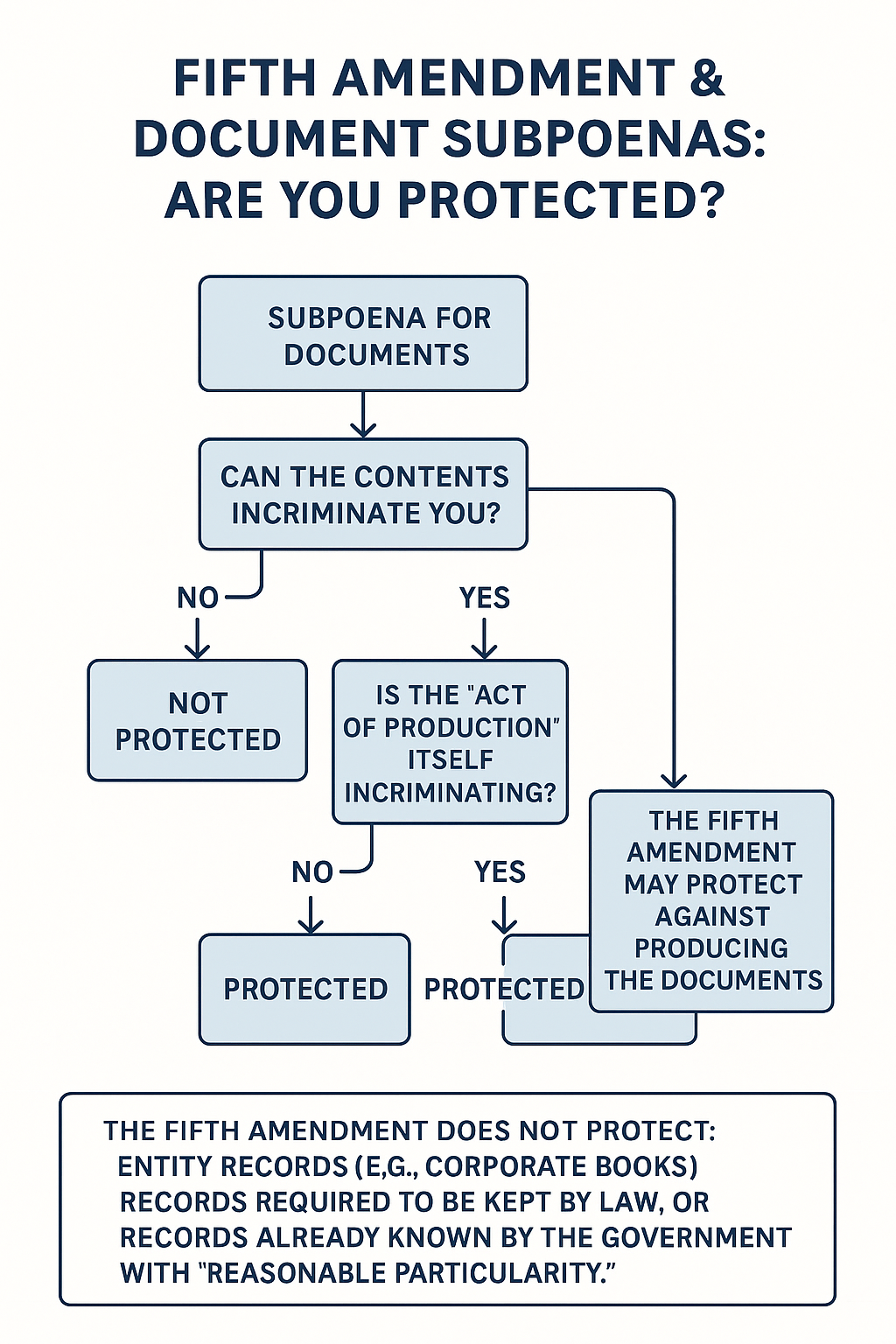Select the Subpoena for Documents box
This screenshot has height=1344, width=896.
click(x=363, y=333)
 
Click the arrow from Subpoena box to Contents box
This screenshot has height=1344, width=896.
click(x=363, y=415)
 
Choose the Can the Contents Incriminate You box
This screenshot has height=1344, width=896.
click(x=363, y=493)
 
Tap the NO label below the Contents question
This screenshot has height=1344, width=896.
click(x=198, y=598)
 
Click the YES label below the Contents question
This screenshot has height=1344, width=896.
click(x=484, y=598)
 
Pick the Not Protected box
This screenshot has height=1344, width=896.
click(x=198, y=720)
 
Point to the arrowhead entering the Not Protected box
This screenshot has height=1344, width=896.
click(x=198, y=653)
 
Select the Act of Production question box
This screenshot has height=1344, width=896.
click(x=450, y=742)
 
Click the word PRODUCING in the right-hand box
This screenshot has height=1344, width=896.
click(x=711, y=948)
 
